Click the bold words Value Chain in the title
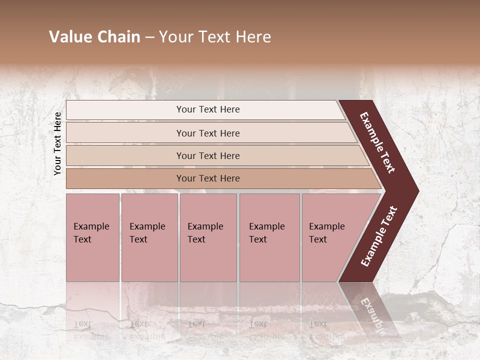[x=94, y=37]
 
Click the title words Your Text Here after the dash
[x=215, y=37]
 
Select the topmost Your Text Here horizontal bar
[x=208, y=109]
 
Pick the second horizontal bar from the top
[x=208, y=133]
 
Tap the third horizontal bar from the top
[x=208, y=155]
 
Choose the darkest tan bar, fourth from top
[x=208, y=178]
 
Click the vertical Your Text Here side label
[x=57, y=143]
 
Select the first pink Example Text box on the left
[x=92, y=237]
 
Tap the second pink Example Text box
[x=149, y=237]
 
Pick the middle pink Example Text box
[x=208, y=237]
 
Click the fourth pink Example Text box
[x=269, y=237]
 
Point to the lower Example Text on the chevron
[x=379, y=236]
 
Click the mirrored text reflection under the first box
[x=91, y=330]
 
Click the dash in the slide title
[x=149, y=37]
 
